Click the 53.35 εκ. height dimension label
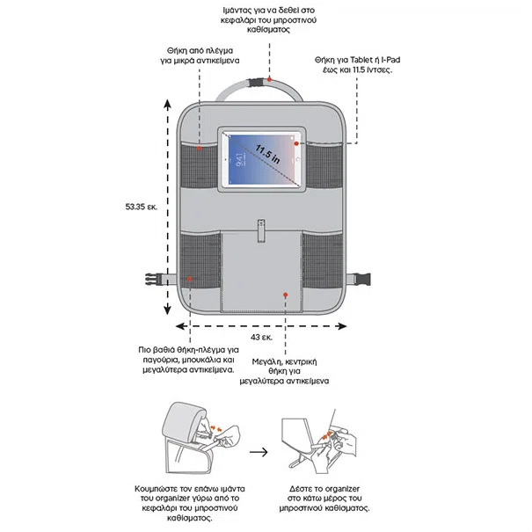coord(142,207)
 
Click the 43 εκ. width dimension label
coord(261,338)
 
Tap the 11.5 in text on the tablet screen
coord(267,155)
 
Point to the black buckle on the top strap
coord(256,83)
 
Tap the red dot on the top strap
coord(269,79)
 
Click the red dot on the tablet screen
coord(296,143)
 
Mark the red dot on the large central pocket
coord(286,295)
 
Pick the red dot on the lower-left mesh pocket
coord(190,279)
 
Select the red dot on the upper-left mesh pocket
coord(200,149)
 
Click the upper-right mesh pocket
coord(324,165)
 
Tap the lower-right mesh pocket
coord(323,260)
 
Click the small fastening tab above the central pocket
coord(261,230)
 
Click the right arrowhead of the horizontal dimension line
coord(341,326)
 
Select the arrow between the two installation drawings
coord(259,452)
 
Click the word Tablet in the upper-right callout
coord(361,60)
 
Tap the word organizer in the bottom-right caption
coord(342,489)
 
